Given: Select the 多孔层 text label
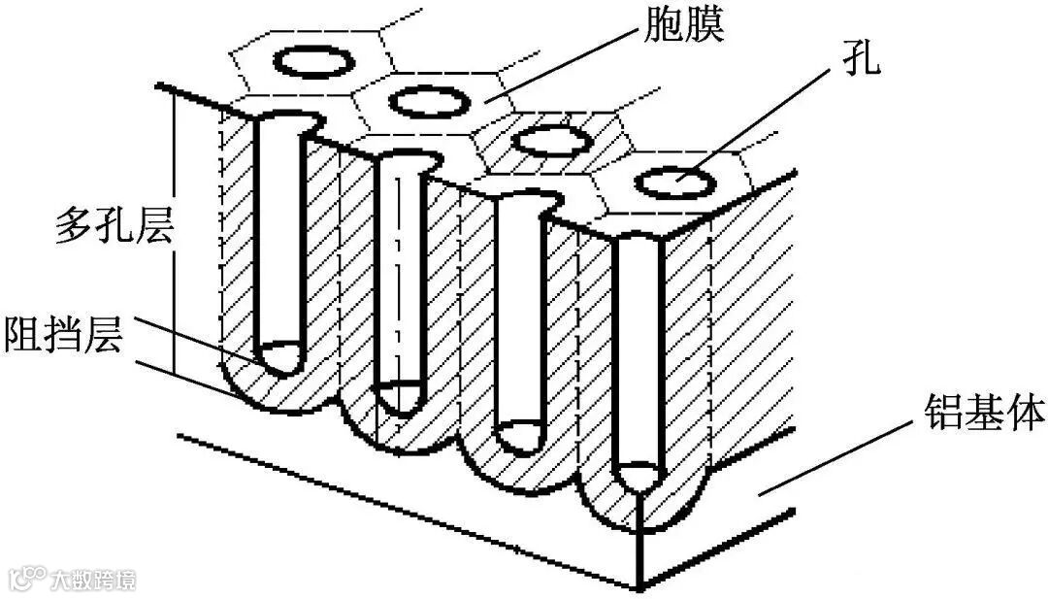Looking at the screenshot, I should pos(114,228).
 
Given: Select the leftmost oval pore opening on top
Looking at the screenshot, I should pos(313,61).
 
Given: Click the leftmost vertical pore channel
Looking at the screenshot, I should pos(282,243).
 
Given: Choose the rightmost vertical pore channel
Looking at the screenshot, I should pos(639,359).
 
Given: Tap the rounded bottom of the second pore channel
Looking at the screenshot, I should pos(400,396).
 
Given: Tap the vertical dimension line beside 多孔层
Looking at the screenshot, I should pos(174,233).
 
